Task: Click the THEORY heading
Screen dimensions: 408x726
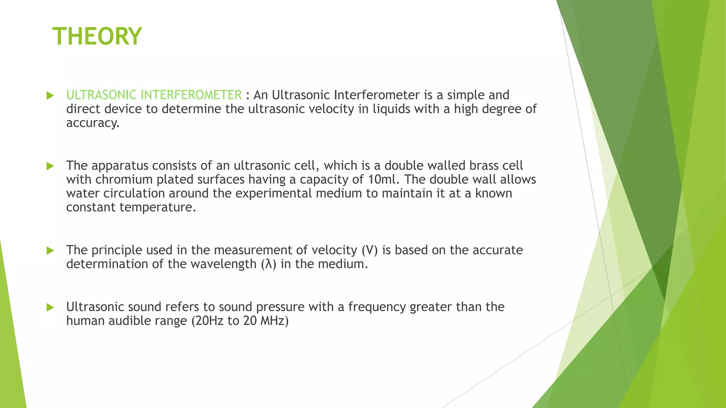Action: [x=97, y=36]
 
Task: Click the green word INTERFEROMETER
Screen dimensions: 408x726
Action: [x=191, y=95]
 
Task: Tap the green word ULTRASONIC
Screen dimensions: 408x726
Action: [x=101, y=95]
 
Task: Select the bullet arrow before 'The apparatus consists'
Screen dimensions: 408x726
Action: [x=50, y=166]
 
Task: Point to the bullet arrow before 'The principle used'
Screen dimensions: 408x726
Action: [x=50, y=251]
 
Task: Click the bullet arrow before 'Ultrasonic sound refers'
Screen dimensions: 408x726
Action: [x=50, y=307]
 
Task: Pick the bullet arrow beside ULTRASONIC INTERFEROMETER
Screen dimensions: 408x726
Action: [x=50, y=95]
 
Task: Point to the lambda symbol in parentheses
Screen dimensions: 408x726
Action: [x=268, y=264]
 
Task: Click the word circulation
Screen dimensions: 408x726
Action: [x=134, y=194]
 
